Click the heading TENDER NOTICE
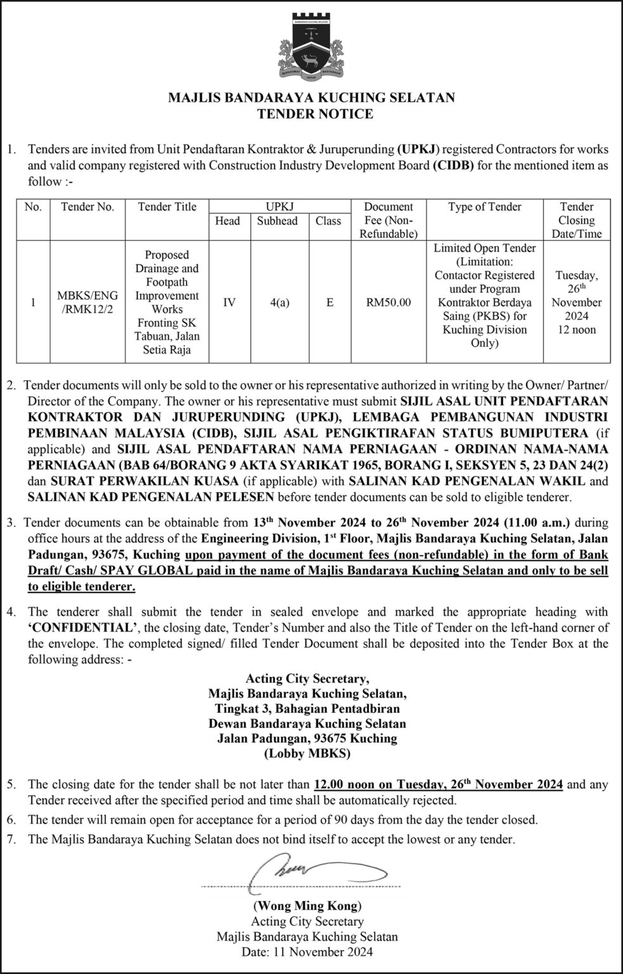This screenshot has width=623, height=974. click(x=311, y=114)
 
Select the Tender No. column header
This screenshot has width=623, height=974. click(x=87, y=207)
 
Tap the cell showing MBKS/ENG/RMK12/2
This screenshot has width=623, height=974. click(x=87, y=302)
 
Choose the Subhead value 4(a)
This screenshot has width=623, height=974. click(x=277, y=302)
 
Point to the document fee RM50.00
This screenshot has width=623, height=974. click(x=388, y=302)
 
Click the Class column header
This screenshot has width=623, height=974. click(x=328, y=221)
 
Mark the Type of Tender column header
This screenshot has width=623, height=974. click(x=485, y=207)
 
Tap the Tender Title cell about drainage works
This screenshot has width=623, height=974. click(x=167, y=302)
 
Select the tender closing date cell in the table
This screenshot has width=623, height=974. click(x=577, y=302)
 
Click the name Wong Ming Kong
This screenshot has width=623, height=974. click(x=307, y=906)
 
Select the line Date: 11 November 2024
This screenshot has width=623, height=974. click(x=307, y=951)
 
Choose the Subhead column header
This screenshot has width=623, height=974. click(x=277, y=221)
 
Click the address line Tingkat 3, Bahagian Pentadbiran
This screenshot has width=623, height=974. click(x=307, y=708)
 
